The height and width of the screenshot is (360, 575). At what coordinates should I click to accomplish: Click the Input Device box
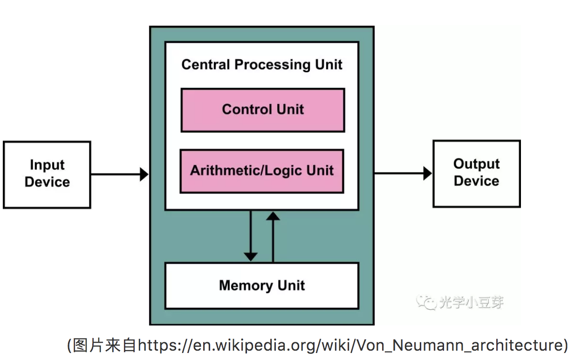point(47,174)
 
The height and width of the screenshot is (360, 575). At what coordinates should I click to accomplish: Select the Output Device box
point(476,173)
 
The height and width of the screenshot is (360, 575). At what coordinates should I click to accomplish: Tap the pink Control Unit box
point(263,110)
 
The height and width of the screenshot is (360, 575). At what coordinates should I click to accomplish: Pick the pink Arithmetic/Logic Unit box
point(262,171)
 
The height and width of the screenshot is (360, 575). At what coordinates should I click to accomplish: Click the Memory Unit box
point(262,285)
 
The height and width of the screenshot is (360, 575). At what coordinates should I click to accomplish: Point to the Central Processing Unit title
point(262,64)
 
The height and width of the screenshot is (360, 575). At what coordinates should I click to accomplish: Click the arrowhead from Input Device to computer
point(144,174)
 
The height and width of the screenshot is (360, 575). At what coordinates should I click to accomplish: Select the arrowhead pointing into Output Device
point(427,173)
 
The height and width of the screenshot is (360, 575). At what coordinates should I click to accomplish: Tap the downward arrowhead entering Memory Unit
point(251,256)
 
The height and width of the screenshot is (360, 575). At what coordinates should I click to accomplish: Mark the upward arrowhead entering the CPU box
point(273,215)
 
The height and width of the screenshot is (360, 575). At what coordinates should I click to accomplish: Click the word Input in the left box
point(47,165)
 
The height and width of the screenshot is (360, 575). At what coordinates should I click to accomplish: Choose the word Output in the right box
point(476,164)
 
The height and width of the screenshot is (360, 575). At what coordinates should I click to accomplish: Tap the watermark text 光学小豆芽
point(471,303)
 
